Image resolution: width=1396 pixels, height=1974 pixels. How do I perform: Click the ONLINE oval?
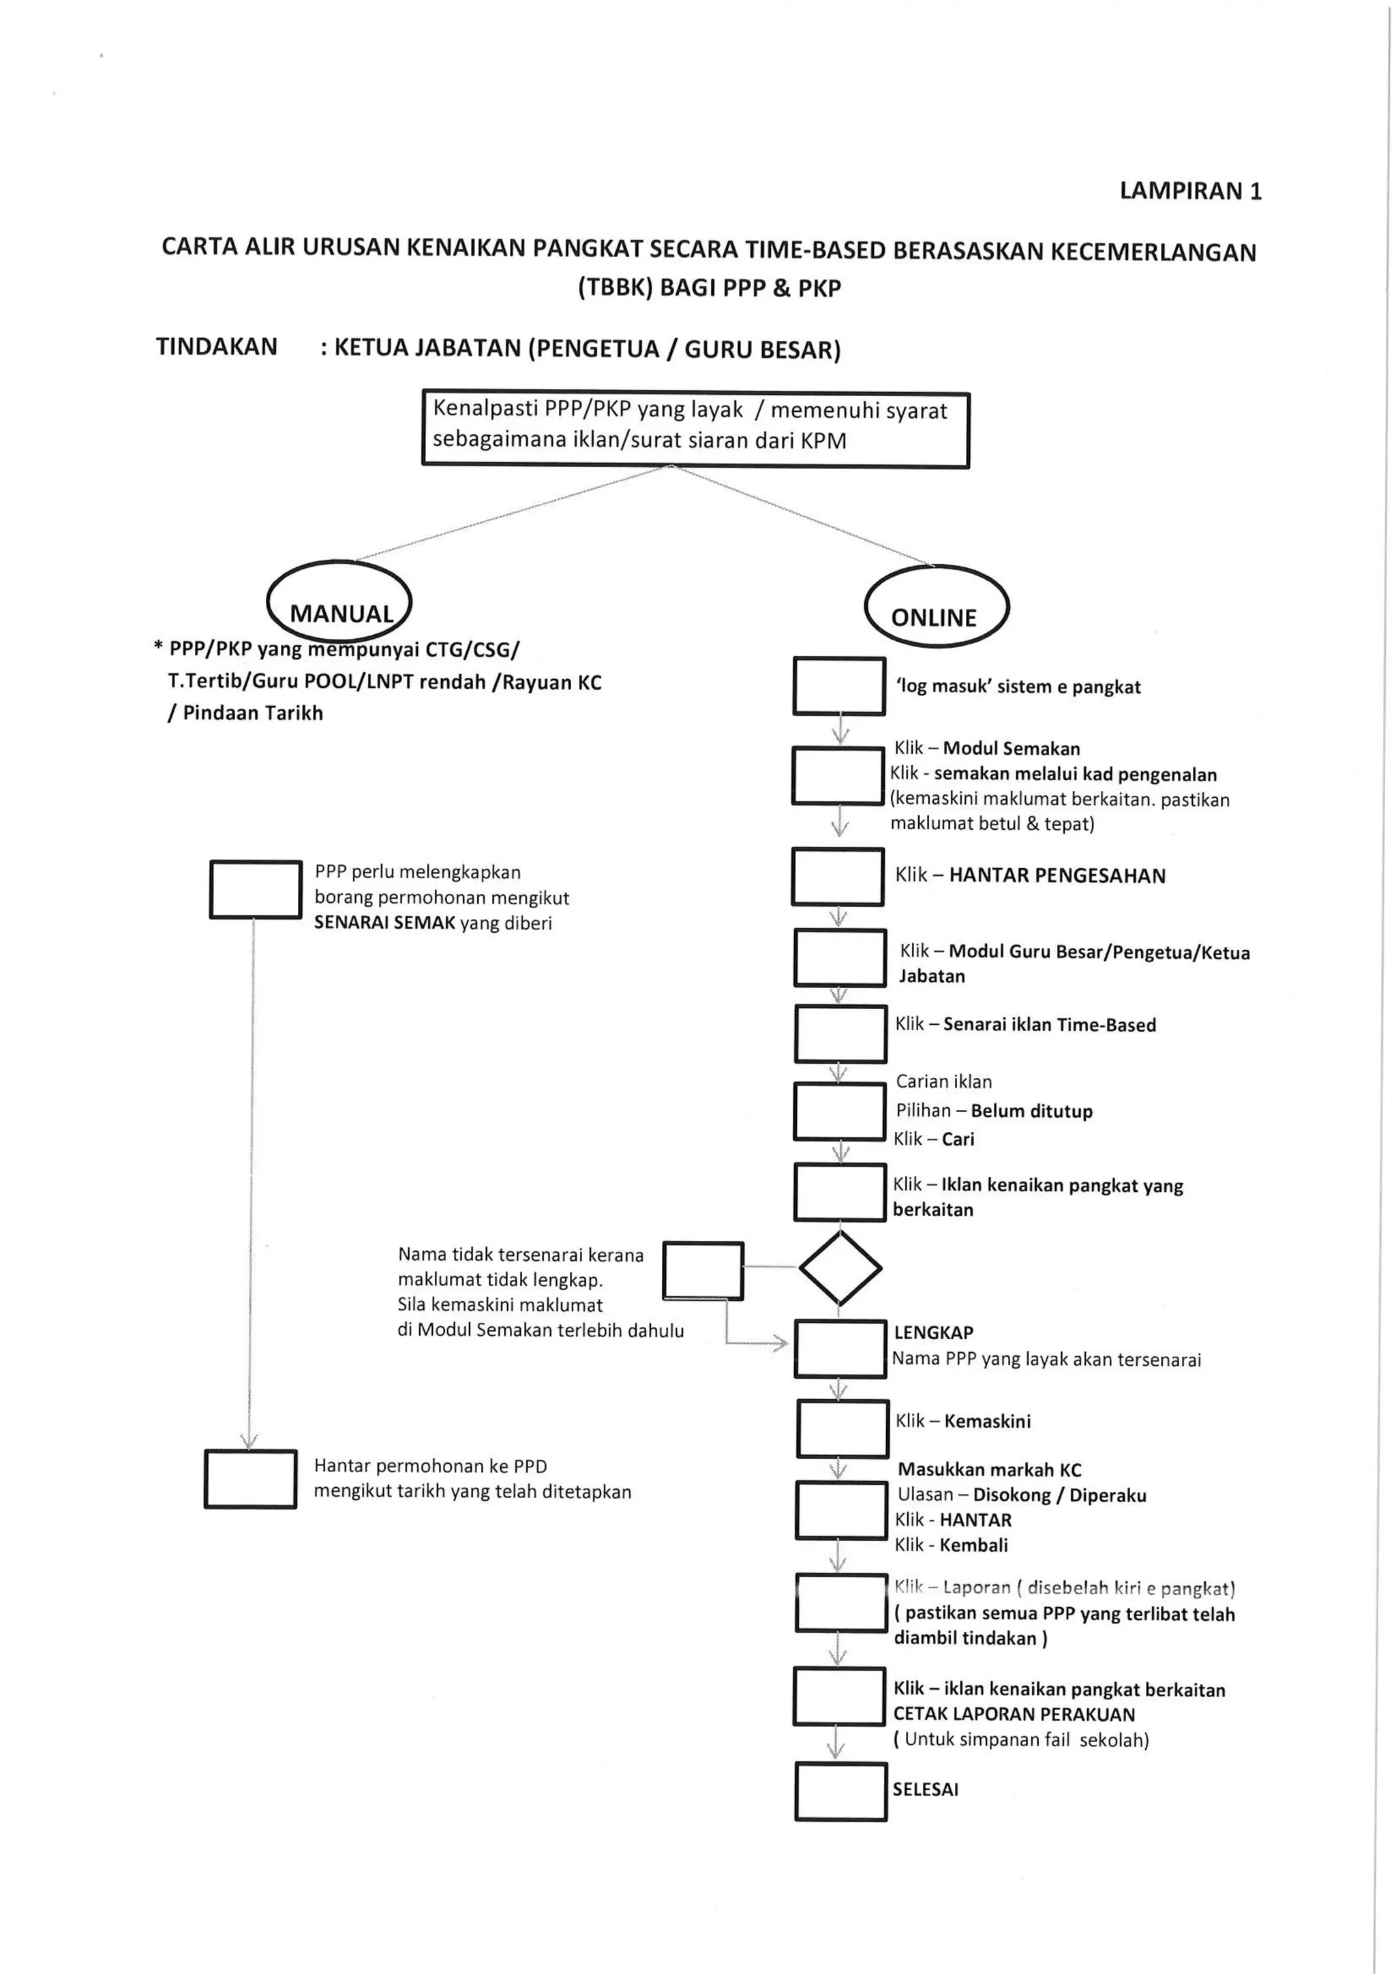coord(935,607)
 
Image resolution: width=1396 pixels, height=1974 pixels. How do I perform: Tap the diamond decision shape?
coord(840,1268)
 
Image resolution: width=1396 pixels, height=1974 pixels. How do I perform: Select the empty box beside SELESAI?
coord(840,1792)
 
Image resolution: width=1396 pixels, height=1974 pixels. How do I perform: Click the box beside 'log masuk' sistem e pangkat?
coord(838,686)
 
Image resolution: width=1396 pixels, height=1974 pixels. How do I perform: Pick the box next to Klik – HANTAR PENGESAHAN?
coord(837,876)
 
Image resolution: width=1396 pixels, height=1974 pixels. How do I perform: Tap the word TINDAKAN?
coord(217,346)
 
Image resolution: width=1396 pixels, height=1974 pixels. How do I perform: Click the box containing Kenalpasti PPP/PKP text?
coord(695,429)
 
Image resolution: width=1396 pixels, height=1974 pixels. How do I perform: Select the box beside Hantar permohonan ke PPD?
coord(250,1479)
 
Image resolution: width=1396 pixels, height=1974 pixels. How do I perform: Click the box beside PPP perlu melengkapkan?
coord(256,889)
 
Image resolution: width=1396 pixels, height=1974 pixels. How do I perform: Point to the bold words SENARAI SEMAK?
coord(384,923)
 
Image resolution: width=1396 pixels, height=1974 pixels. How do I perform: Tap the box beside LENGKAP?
coord(840,1349)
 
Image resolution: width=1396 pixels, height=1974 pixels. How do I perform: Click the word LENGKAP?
coord(934,1332)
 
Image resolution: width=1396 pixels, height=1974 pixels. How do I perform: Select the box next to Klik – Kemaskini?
coord(842,1428)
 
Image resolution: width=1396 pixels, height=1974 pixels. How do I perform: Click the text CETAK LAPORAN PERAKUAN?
coord(1014,1714)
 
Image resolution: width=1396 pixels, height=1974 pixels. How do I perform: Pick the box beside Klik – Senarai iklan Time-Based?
coord(840,1034)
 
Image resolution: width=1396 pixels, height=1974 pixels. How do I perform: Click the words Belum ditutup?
coord(1031,1111)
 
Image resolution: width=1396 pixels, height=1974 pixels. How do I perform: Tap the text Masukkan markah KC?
coord(990,1469)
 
